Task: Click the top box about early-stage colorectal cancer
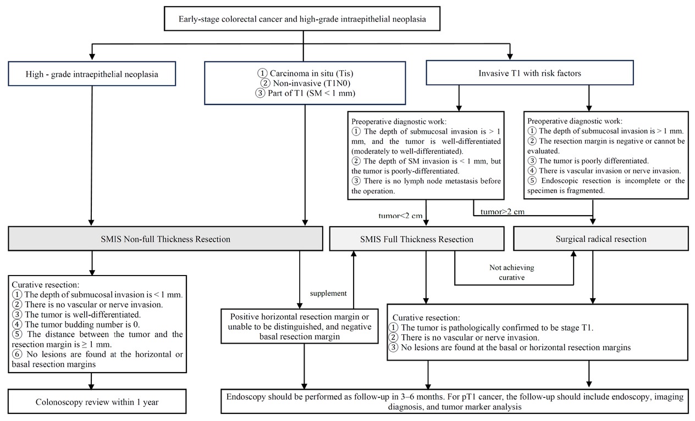302,19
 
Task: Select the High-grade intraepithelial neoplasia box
92,75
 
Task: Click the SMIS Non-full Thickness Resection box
164,239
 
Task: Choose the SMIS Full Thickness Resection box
416,239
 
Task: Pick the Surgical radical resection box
600,239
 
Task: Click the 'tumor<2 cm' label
400,216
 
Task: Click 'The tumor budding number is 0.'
77,324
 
